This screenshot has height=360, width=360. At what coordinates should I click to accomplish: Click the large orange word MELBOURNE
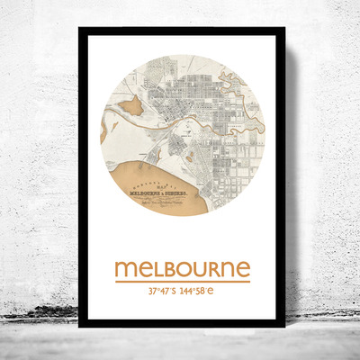pos(182,268)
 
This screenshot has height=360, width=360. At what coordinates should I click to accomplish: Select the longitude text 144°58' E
pos(203,292)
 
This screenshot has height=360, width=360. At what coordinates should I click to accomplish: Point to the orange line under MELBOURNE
pos(182,282)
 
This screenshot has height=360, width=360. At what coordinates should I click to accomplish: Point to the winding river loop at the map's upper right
pos(241,90)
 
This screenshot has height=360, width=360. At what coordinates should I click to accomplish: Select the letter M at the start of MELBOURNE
pos(125,269)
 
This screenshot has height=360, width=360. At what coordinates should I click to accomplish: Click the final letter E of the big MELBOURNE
pos(243,269)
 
